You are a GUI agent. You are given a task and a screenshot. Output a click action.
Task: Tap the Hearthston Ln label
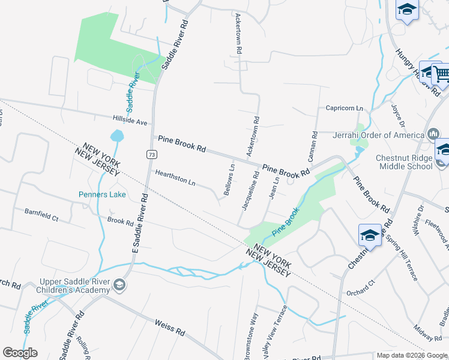coord(175,178)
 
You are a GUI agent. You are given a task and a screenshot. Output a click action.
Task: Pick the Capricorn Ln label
coord(344,108)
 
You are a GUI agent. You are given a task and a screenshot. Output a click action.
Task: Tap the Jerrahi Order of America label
coord(378,135)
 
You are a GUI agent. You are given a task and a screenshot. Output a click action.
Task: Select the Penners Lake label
coord(101,194)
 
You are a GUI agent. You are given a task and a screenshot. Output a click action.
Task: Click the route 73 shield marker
coord(149,154)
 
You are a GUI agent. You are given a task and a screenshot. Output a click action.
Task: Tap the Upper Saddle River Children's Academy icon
coord(120,285)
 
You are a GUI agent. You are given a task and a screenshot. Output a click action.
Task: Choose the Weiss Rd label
coord(169,327)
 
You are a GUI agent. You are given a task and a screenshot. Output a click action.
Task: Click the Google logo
coord(20,353)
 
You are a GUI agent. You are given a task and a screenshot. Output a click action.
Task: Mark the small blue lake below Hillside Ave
coord(117,136)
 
